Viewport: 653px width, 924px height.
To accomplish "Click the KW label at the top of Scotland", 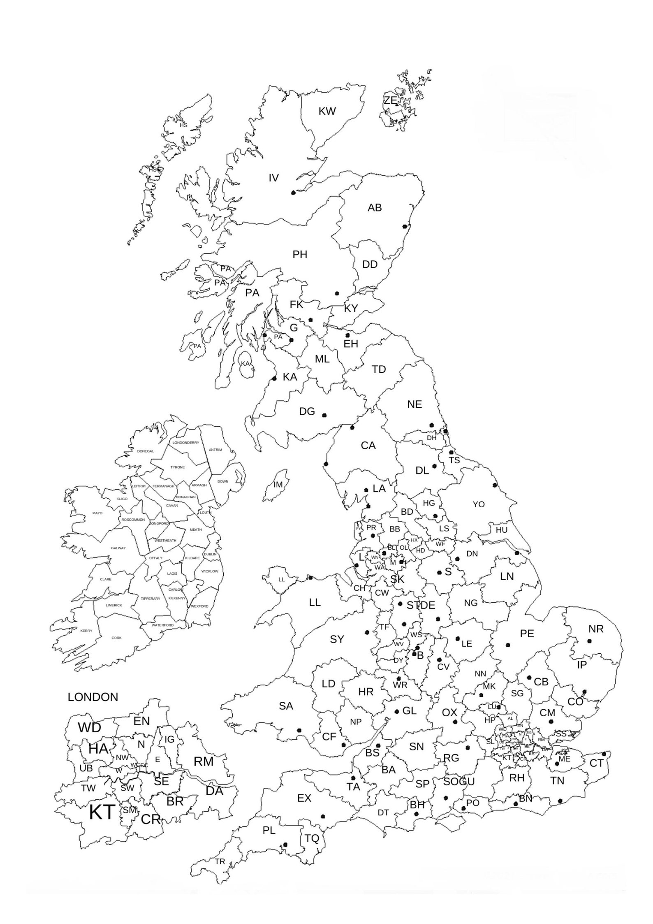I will pyautogui.click(x=327, y=111).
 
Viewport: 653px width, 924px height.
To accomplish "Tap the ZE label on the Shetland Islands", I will pyautogui.click(x=390, y=100).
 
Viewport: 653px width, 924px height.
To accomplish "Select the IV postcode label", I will pyautogui.click(x=273, y=178).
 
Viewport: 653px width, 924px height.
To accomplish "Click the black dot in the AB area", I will pyautogui.click(x=405, y=226).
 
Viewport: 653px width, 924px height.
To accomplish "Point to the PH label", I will pyautogui.click(x=300, y=255).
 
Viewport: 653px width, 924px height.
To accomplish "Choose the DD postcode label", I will pyautogui.click(x=370, y=265).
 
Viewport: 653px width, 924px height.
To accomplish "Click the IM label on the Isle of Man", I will pyautogui.click(x=278, y=485).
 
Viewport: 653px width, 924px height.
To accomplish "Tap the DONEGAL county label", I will pyautogui.click(x=145, y=451).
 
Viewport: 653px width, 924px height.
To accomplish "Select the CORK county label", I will pyautogui.click(x=117, y=638).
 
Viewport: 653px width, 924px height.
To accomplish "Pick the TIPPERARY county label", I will pyautogui.click(x=151, y=599).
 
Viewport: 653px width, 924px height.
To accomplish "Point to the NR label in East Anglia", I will pyautogui.click(x=596, y=629).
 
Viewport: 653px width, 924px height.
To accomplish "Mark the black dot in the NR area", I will pyautogui.click(x=589, y=641).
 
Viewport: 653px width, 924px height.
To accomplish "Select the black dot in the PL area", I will pyautogui.click(x=285, y=845).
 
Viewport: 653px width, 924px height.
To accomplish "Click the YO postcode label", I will pyautogui.click(x=479, y=504).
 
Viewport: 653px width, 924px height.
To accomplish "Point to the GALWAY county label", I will pyautogui.click(x=118, y=548).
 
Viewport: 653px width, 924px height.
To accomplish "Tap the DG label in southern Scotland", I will pyautogui.click(x=307, y=411).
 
